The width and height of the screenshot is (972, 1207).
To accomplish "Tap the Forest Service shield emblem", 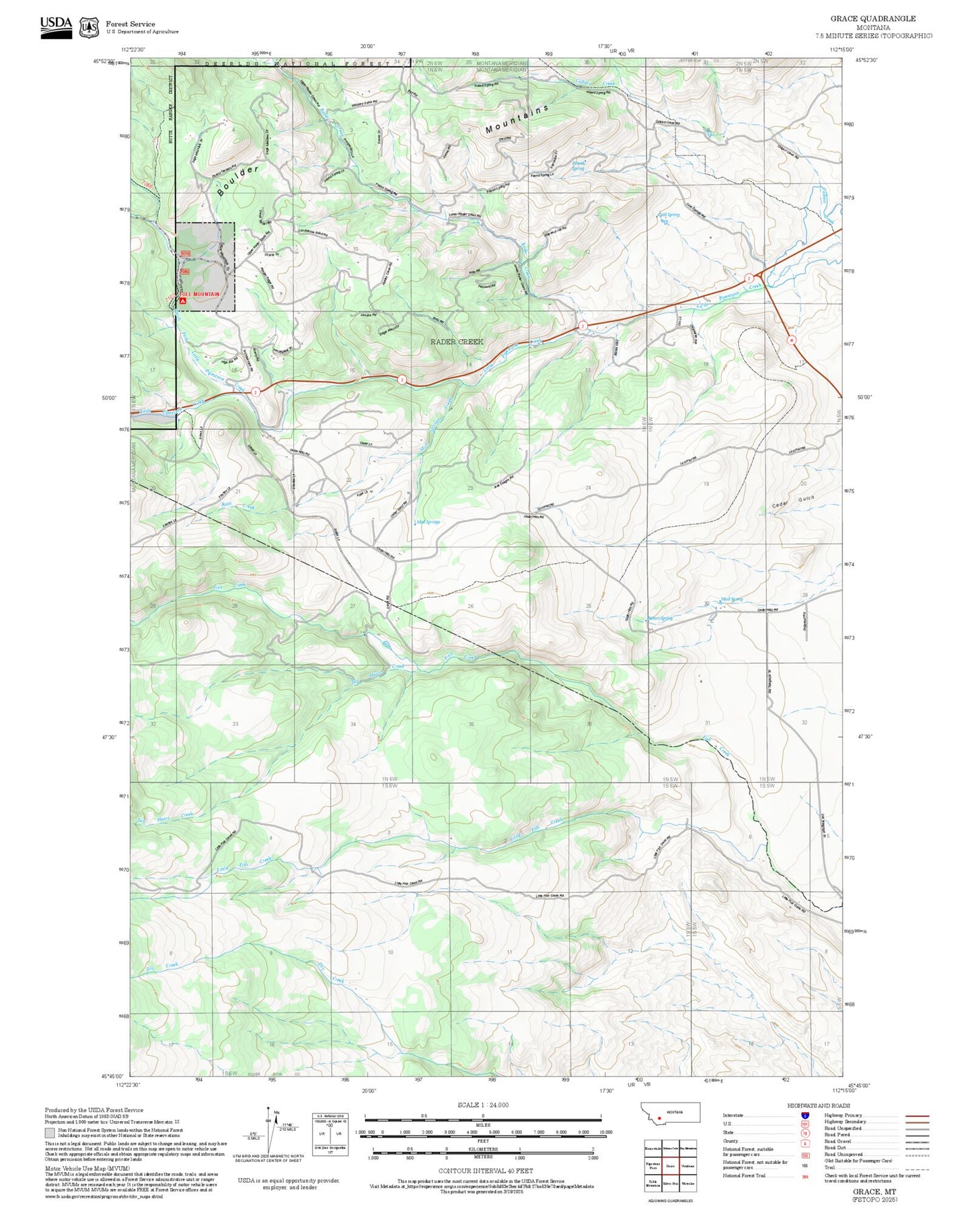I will pyautogui.click(x=88, y=27).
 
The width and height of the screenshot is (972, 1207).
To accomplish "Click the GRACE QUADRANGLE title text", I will pyautogui.click(x=872, y=18).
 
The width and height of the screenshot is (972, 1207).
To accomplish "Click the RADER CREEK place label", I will pyautogui.click(x=456, y=342).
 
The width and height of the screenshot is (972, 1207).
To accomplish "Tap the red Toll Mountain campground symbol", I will pyautogui.click(x=176, y=301).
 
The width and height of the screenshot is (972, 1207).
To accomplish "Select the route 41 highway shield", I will pyautogui.click(x=792, y=340).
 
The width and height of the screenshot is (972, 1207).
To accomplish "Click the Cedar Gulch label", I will pyautogui.click(x=793, y=502).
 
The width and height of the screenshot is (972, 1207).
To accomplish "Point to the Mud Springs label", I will pyautogui.click(x=428, y=522).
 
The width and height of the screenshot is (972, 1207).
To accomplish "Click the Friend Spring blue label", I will pyautogui.click(x=578, y=165).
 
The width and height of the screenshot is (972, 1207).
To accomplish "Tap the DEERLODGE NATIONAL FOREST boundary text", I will pyautogui.click(x=296, y=64).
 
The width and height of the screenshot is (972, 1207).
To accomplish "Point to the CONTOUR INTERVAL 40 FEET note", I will pyautogui.click(x=482, y=1171).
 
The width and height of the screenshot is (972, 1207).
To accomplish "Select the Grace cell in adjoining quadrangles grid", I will pyautogui.click(x=669, y=1166).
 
